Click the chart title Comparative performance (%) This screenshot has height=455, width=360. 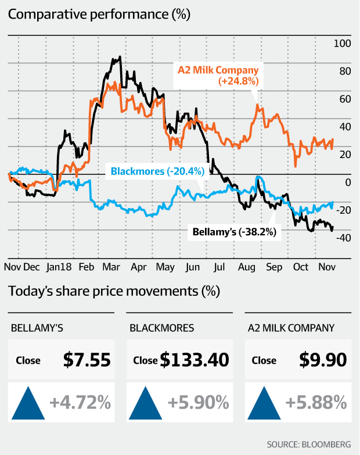(x=99, y=14)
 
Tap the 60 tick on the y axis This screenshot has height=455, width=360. (x=344, y=99)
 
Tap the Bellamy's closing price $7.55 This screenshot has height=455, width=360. (x=87, y=360)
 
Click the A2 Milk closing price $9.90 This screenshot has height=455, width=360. (x=323, y=360)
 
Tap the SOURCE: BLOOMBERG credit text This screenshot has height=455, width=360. (x=309, y=444)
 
